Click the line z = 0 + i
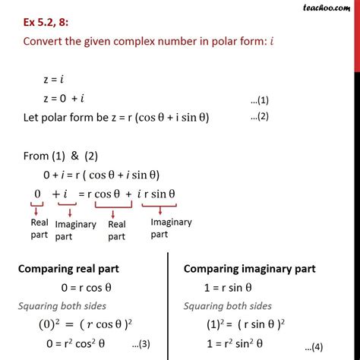point(68,99)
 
